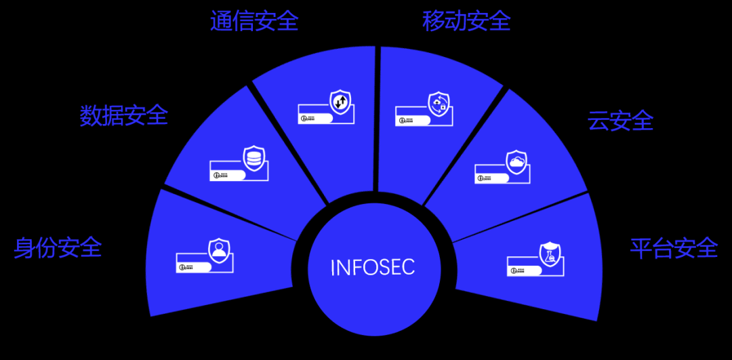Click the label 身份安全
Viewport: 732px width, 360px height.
pyautogui.click(x=58, y=247)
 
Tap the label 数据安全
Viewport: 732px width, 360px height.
pyautogui.click(x=123, y=115)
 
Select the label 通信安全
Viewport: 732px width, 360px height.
pyautogui.click(x=254, y=21)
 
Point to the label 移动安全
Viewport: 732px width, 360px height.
pyautogui.click(x=466, y=21)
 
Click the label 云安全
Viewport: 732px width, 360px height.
pyautogui.click(x=620, y=121)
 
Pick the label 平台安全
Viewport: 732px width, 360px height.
pyautogui.click(x=674, y=248)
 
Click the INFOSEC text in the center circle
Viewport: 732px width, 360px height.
pyautogui.click(x=372, y=267)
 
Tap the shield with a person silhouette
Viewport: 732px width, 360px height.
pyautogui.click(x=219, y=250)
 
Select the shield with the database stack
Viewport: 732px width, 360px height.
pyautogui.click(x=254, y=158)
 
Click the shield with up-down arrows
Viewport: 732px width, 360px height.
pyautogui.click(x=341, y=102)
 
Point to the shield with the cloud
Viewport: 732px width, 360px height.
pyautogui.click(x=516, y=162)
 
